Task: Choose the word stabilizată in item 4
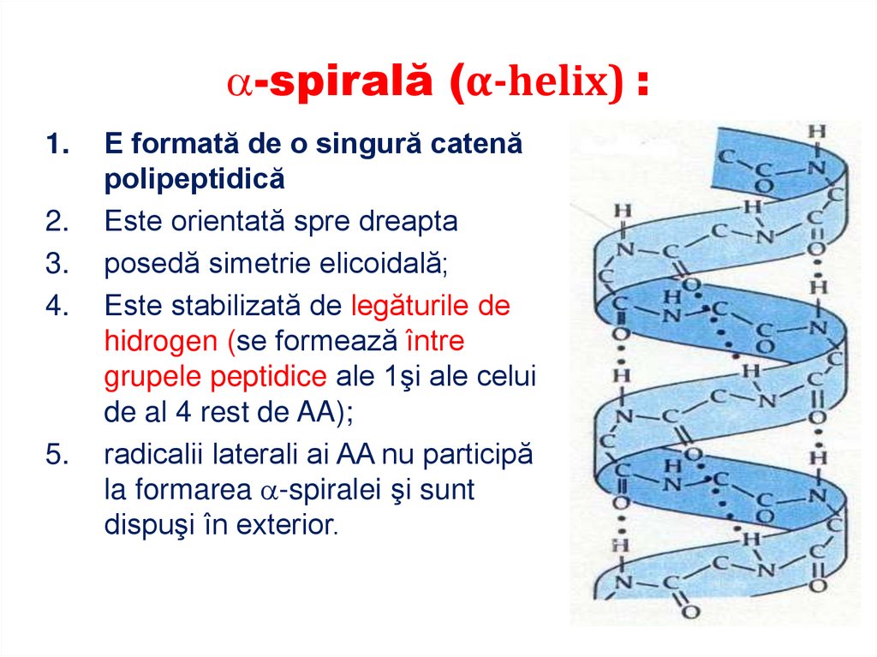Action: click(236, 306)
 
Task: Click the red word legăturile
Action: click(417, 306)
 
